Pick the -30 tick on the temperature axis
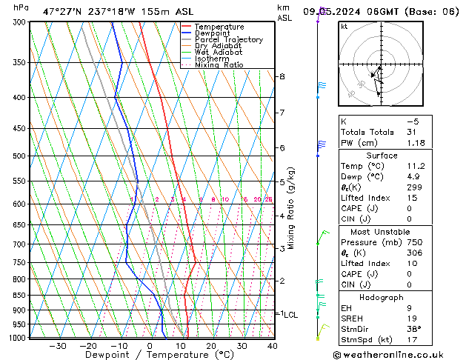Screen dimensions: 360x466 coord(57,346)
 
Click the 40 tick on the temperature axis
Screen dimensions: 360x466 coord(273,346)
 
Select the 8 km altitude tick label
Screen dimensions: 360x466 coord(282,77)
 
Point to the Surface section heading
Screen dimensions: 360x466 coord(381,156)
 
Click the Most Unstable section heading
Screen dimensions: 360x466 coord(381,231)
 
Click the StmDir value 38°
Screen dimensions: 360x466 coord(414,330)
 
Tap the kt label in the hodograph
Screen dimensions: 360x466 coord(344,26)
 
